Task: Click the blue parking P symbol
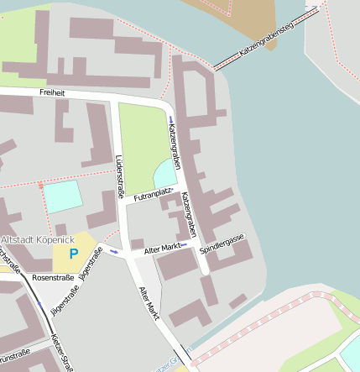click(x=73, y=253)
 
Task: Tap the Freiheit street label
click(x=52, y=92)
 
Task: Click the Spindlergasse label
click(x=222, y=244)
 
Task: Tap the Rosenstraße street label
click(x=52, y=276)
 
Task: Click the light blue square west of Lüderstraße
click(x=63, y=196)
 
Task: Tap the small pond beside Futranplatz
click(x=164, y=175)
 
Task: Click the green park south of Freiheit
click(x=143, y=143)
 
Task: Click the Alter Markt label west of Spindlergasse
click(x=163, y=249)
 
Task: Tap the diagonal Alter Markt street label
click(x=149, y=303)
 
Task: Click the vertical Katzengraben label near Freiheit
click(x=175, y=141)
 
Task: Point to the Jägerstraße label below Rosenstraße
click(x=65, y=300)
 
